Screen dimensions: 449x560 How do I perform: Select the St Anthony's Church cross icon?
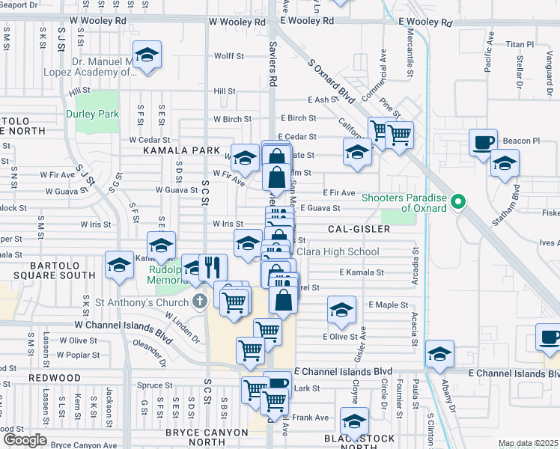click(199, 302)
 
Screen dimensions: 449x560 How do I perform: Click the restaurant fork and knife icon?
click(212, 266)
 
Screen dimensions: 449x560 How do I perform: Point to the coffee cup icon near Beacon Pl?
click(483, 141)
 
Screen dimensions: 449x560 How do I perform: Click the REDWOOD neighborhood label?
click(55, 378)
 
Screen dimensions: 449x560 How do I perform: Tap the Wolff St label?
click(229, 56)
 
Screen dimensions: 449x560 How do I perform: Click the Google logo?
click(24, 440)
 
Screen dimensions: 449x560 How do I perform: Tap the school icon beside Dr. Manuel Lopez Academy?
click(147, 57)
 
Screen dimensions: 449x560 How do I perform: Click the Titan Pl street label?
click(518, 45)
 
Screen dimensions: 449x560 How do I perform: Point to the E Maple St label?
click(388, 305)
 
